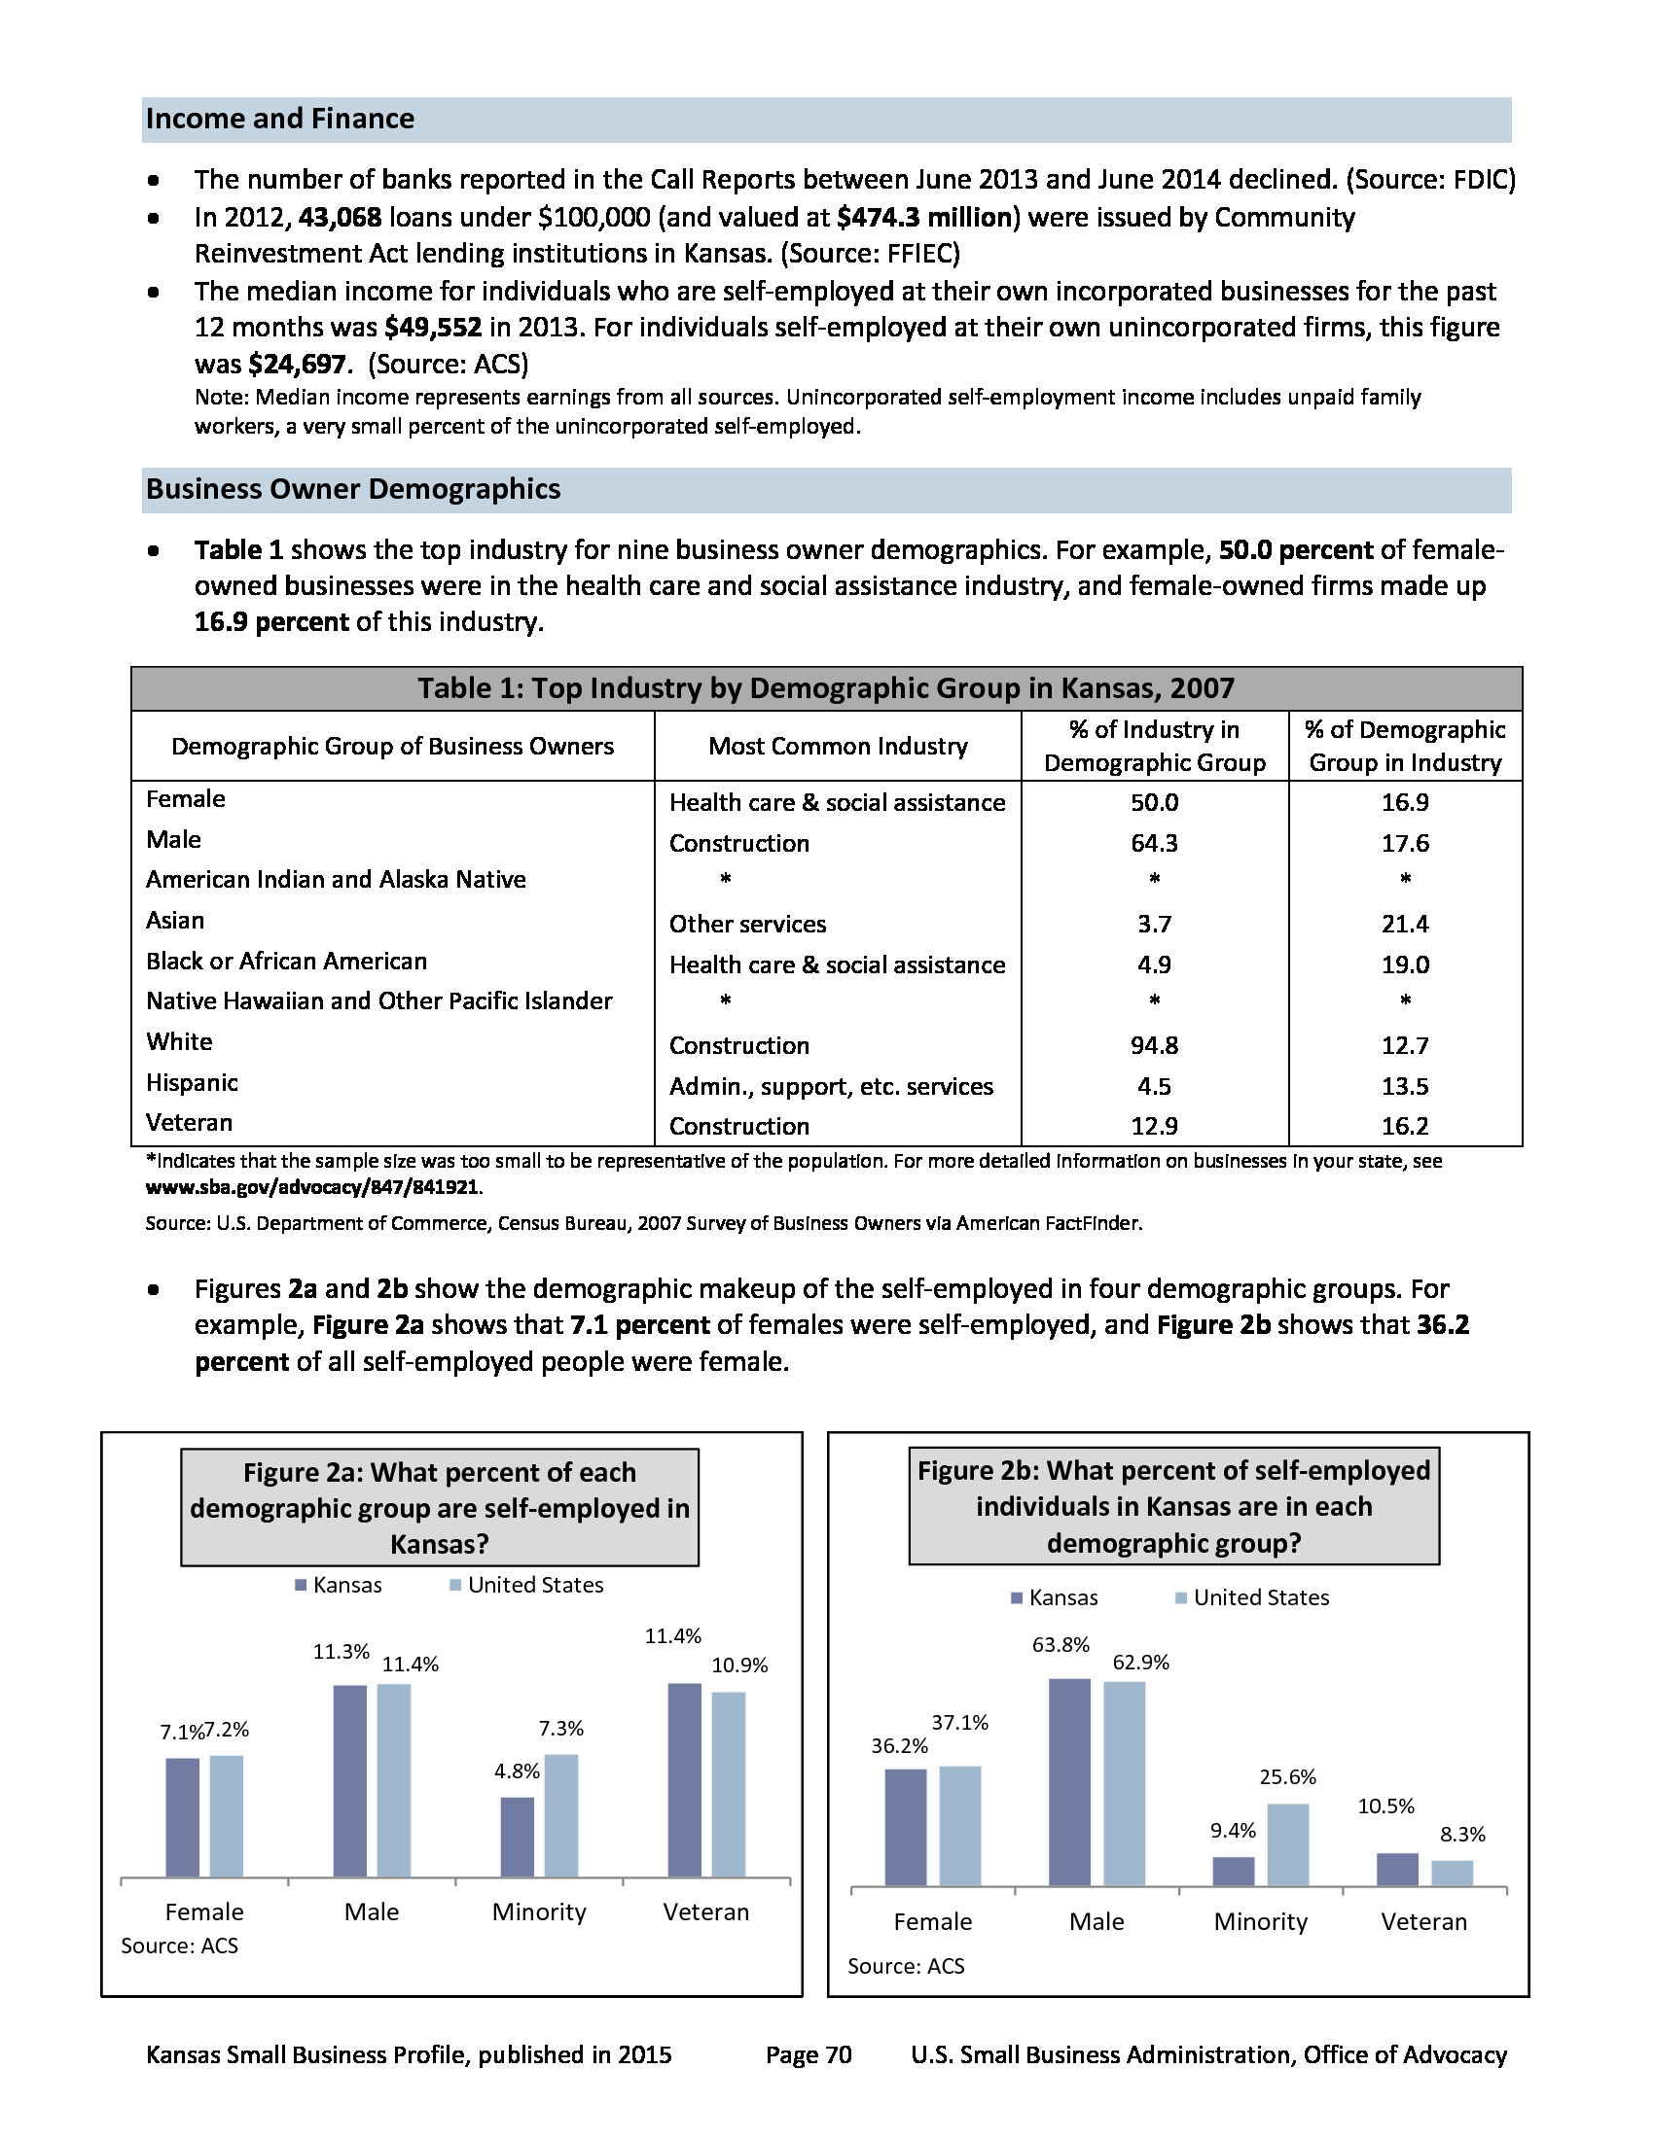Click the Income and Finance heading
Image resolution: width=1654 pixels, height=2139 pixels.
coord(280,119)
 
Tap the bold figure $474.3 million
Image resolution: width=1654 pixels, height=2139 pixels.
coord(924,218)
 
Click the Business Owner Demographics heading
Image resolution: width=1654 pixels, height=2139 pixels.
coord(353,489)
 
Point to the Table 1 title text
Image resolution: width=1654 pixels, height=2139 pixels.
coord(825,688)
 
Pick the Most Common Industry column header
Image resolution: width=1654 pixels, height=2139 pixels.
coord(838,747)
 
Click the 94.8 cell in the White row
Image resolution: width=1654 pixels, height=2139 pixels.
coord(1154,1045)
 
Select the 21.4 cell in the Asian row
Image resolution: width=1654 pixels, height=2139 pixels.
coord(1405,924)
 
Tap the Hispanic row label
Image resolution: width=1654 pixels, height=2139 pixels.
coord(192,1082)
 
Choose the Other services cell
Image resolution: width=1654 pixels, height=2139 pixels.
coord(747,924)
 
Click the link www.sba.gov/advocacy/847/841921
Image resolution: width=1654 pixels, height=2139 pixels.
coord(312,1187)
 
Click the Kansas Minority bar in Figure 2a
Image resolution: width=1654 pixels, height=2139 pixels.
coord(518,1837)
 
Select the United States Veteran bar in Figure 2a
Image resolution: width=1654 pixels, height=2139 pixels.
coord(728,1783)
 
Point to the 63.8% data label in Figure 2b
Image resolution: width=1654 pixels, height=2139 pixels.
coord(1061,1644)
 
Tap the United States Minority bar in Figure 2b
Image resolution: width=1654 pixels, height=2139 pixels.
coord(1287,1844)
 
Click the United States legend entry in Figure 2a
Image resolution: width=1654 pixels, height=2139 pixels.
coord(526,1585)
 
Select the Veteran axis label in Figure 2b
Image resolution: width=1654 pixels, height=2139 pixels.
coord(1423,1921)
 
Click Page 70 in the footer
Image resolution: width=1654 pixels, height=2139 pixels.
coord(809,2054)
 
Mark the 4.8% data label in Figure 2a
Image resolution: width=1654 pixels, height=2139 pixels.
coord(517,1771)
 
